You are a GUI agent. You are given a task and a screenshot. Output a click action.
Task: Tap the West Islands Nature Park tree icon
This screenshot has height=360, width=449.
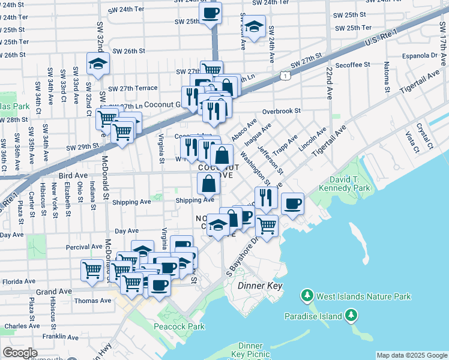(307, 296)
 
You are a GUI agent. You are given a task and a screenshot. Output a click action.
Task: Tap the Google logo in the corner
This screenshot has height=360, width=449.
(20, 353)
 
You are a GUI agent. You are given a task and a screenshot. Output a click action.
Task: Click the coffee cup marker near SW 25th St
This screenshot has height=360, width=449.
(210, 13)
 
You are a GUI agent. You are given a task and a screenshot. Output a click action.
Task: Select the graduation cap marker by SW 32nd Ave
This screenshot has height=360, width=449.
(97, 63)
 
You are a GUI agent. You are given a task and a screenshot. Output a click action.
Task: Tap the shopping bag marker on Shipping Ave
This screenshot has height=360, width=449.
(208, 183)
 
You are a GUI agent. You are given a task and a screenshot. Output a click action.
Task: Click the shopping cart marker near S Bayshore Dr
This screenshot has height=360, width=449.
(267, 226)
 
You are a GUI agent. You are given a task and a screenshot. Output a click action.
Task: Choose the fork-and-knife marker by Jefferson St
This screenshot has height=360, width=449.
(265, 197)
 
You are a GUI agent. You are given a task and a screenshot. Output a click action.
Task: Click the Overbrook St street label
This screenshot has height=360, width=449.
(281, 111)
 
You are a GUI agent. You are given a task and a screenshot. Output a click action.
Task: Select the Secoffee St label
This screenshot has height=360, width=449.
(354, 65)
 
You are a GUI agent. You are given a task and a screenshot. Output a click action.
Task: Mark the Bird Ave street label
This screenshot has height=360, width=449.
(73, 175)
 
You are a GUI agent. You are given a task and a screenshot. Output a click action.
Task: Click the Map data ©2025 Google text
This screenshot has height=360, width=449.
(412, 355)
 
